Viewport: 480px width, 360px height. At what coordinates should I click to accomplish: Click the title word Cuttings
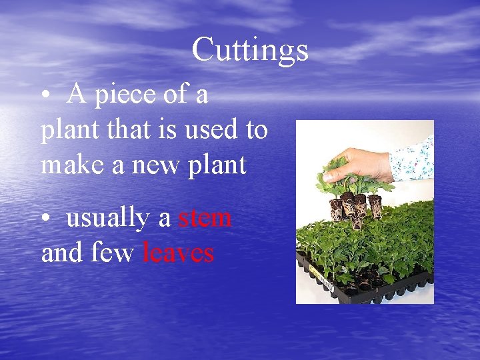click(250, 50)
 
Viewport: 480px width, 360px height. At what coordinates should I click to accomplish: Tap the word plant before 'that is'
click(64, 131)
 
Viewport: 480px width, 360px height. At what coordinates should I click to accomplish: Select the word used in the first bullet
click(212, 129)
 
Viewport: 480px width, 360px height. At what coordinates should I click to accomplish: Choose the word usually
click(119, 219)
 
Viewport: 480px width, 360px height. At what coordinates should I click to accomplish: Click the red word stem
click(205, 218)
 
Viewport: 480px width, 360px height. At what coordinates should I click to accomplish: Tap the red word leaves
click(179, 253)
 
